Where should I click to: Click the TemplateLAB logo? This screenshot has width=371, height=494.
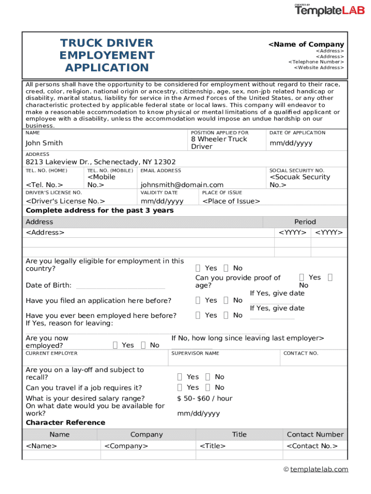[330, 10]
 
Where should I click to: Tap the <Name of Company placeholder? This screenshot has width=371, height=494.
[306, 44]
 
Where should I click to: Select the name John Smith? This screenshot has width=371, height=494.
[44, 143]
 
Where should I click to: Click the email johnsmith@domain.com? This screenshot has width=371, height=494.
[182, 185]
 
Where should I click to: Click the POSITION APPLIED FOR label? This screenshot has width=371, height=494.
[220, 133]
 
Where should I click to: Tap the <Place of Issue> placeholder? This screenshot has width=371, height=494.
[231, 201]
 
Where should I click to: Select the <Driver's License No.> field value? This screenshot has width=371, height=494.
[66, 201]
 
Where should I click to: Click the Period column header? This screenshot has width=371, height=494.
[305, 222]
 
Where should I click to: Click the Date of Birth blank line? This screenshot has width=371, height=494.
[120, 286]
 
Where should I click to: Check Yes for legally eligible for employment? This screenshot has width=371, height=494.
[199, 268]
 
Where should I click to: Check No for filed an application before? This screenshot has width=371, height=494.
[226, 301]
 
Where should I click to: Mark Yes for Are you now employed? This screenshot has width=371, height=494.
[115, 345]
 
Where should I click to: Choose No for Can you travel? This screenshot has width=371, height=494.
[208, 387]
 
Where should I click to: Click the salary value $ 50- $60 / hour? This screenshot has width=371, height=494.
[205, 398]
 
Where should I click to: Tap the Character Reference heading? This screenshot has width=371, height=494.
[65, 423]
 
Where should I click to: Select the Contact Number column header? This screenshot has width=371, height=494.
[315, 435]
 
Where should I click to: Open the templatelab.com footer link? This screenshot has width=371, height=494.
[319, 469]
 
